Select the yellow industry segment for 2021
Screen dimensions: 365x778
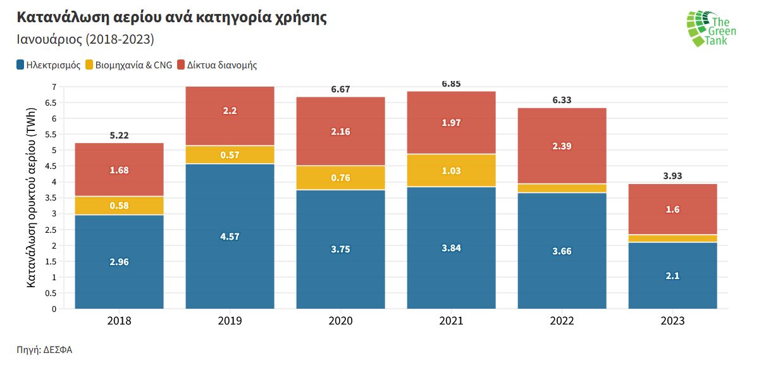click(x=451, y=170)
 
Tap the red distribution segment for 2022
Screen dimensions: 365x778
click(x=562, y=145)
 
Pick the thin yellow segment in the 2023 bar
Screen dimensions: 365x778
click(x=672, y=238)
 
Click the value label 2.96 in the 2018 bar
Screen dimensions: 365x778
click(x=119, y=262)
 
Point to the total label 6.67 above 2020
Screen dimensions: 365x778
click(x=340, y=89)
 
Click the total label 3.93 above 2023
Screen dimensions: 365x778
click(x=672, y=176)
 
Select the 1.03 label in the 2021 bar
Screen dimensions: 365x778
click(x=451, y=171)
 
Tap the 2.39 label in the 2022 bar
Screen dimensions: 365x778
click(x=562, y=146)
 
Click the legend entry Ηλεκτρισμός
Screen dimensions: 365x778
click(x=49, y=65)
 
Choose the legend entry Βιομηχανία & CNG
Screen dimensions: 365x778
click(x=128, y=65)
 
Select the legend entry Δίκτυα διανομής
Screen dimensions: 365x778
click(x=217, y=65)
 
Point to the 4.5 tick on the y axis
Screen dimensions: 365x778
click(x=50, y=166)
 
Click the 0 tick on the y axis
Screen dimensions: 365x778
click(x=54, y=309)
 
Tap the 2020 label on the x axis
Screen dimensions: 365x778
click(x=340, y=321)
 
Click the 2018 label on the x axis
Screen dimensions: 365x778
click(x=119, y=321)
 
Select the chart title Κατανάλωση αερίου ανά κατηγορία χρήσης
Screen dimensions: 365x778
click(x=171, y=17)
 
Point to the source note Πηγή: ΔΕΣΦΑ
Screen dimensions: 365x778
click(x=44, y=350)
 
